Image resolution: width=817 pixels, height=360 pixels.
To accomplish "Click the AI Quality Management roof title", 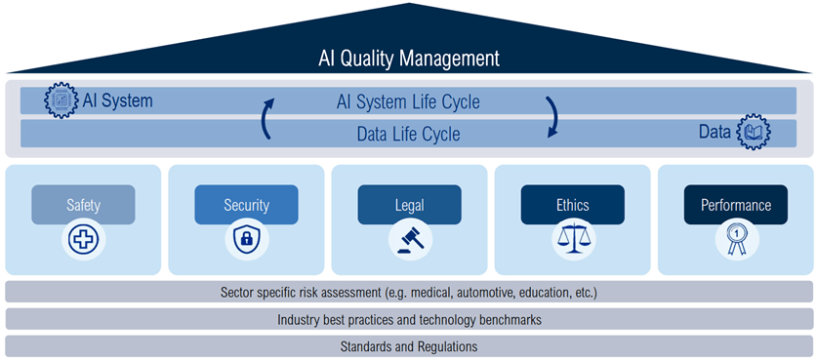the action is (x=408, y=59).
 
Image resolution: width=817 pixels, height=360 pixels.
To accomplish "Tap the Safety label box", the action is (x=83, y=205).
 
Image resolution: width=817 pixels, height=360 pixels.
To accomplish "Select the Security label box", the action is (x=246, y=205).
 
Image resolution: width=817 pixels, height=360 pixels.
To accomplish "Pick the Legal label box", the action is (x=410, y=205).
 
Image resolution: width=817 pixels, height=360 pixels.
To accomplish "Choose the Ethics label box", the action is (x=573, y=205).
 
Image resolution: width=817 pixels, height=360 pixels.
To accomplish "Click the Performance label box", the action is (x=736, y=205).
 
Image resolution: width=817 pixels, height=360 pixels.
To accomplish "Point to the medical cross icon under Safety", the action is (x=83, y=240).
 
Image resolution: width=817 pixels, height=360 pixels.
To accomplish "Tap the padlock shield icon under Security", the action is (x=247, y=240).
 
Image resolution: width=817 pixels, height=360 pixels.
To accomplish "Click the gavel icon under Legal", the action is (x=410, y=240).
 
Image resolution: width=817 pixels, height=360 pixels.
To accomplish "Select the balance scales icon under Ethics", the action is (x=573, y=240).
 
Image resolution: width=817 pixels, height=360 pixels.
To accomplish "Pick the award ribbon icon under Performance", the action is (x=737, y=240).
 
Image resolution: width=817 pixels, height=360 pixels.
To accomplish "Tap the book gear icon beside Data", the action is (x=754, y=133).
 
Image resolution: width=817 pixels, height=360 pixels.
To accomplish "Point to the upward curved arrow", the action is (x=266, y=118).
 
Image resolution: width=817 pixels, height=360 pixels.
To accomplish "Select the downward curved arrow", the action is (x=553, y=117).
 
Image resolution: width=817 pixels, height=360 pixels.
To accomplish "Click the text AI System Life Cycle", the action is (x=408, y=102).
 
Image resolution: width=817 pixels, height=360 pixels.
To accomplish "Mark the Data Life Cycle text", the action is (x=408, y=134).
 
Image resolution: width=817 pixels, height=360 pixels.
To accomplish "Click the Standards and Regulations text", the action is (x=409, y=346).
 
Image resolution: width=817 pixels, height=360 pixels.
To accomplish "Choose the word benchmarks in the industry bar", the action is (x=509, y=319).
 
